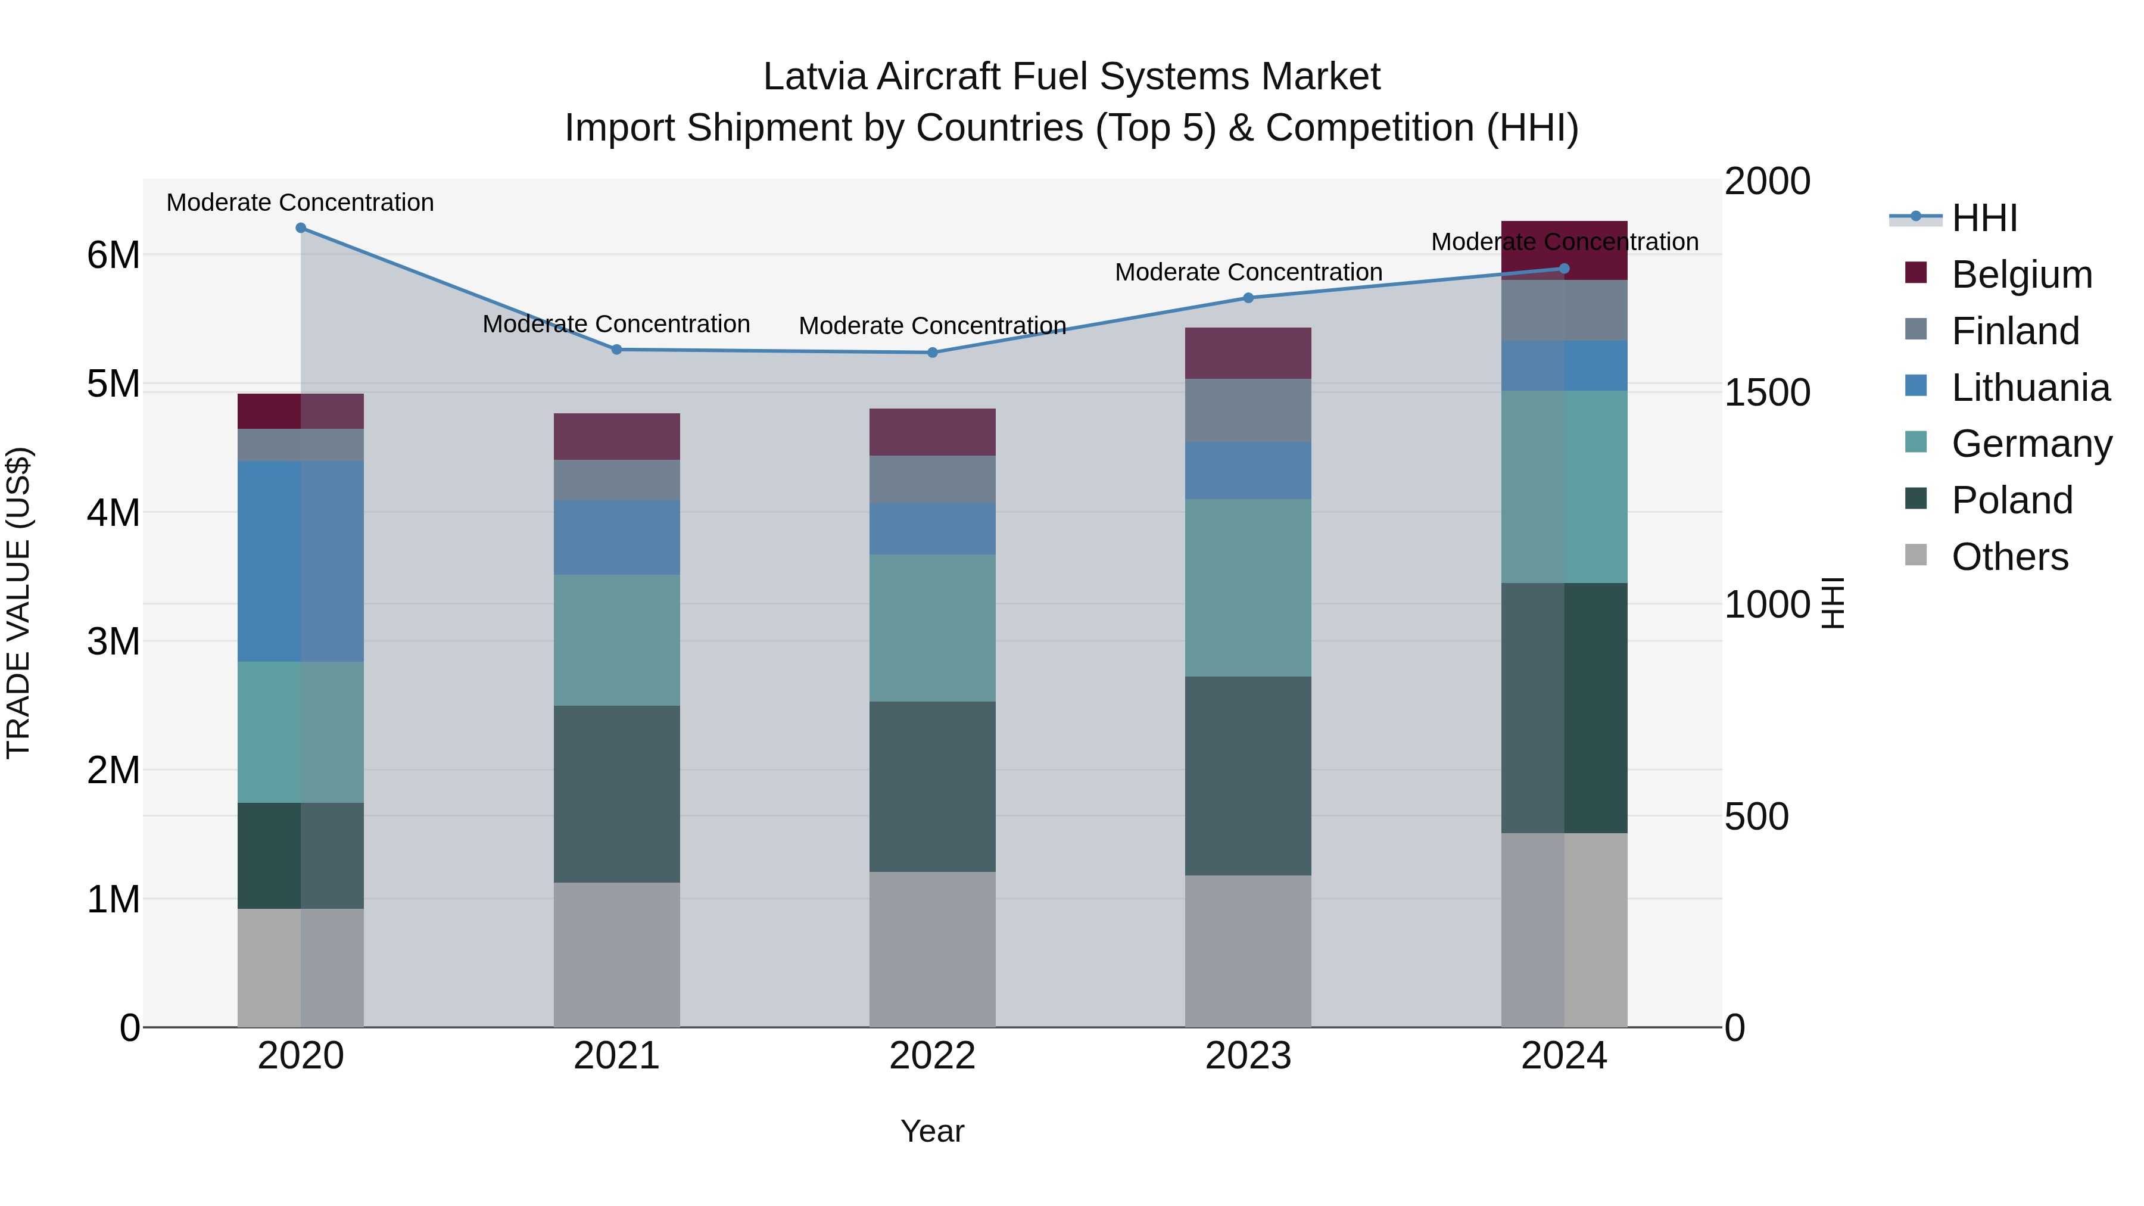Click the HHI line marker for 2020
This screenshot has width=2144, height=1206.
[301, 228]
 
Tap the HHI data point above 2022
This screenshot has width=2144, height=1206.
[932, 353]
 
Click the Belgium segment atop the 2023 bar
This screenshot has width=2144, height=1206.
[1248, 354]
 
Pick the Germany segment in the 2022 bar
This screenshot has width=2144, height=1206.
[932, 628]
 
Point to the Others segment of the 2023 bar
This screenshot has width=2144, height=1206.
[1248, 951]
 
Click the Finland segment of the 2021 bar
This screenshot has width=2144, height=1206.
[617, 480]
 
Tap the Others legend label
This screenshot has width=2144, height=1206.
[2009, 557]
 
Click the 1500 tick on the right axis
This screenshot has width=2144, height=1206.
[1767, 393]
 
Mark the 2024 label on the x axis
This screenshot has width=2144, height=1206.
[1563, 1056]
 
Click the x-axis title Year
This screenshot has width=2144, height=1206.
[932, 1131]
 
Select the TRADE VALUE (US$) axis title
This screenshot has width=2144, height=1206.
[18, 603]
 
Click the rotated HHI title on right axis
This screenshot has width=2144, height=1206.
[1834, 603]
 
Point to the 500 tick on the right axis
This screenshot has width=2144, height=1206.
[1756, 817]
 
